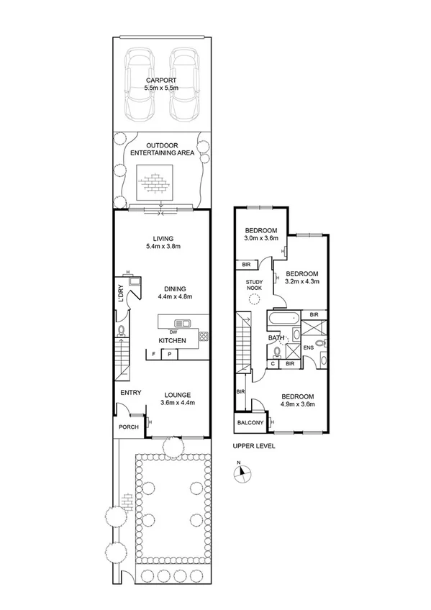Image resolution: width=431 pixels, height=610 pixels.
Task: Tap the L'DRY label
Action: [x=120, y=293]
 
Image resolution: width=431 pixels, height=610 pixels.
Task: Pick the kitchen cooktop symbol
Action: [x=204, y=335]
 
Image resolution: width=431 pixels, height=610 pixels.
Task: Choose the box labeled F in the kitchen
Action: [x=153, y=354]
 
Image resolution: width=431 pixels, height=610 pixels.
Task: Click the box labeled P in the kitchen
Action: [x=170, y=354]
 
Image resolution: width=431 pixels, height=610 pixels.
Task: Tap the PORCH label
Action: [x=129, y=427]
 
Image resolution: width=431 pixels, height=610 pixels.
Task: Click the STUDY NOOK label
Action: [x=255, y=285]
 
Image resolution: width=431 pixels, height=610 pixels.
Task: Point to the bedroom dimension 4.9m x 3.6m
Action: [x=297, y=405]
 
